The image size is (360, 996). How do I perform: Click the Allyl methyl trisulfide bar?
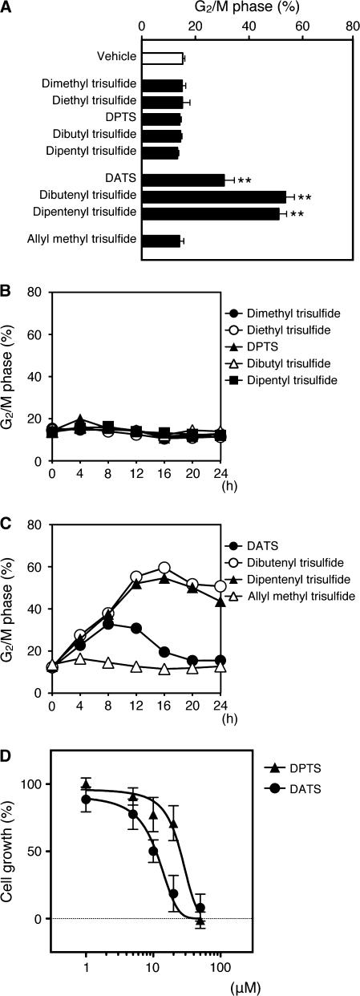(161, 240)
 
